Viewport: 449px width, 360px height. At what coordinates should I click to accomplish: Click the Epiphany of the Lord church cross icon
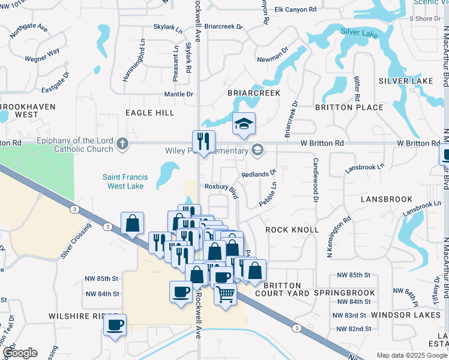122,143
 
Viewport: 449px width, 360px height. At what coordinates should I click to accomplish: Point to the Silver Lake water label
359,32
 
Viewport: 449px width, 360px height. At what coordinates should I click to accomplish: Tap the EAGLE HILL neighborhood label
149,113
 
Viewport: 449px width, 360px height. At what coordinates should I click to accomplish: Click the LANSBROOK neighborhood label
387,199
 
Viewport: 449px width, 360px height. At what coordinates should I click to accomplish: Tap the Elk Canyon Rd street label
295,10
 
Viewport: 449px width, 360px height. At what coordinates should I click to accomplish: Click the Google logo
20,353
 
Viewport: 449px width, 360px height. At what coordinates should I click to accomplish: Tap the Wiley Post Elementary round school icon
258,149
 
